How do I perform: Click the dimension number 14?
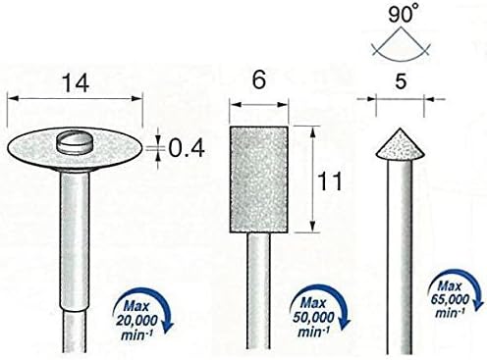[x=76, y=83]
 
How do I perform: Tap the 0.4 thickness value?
[x=187, y=149]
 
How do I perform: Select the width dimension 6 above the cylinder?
[x=259, y=79]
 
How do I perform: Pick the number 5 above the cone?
[x=401, y=80]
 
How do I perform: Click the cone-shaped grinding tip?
[x=400, y=144]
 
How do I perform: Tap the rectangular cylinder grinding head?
[x=258, y=180]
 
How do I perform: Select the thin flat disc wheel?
[x=75, y=150]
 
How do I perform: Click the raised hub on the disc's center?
[x=75, y=141]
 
